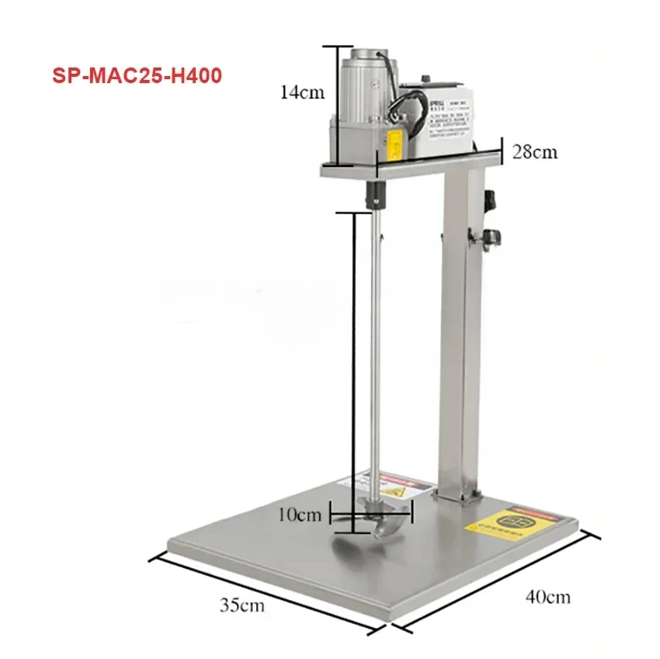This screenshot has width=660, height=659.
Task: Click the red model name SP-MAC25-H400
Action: pyautogui.click(x=136, y=77)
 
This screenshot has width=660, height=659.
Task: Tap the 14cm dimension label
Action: pyautogui.click(x=302, y=92)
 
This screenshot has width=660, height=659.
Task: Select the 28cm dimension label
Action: pyautogui.click(x=534, y=151)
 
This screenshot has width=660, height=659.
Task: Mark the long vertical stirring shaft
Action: pyautogui.click(x=373, y=349)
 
